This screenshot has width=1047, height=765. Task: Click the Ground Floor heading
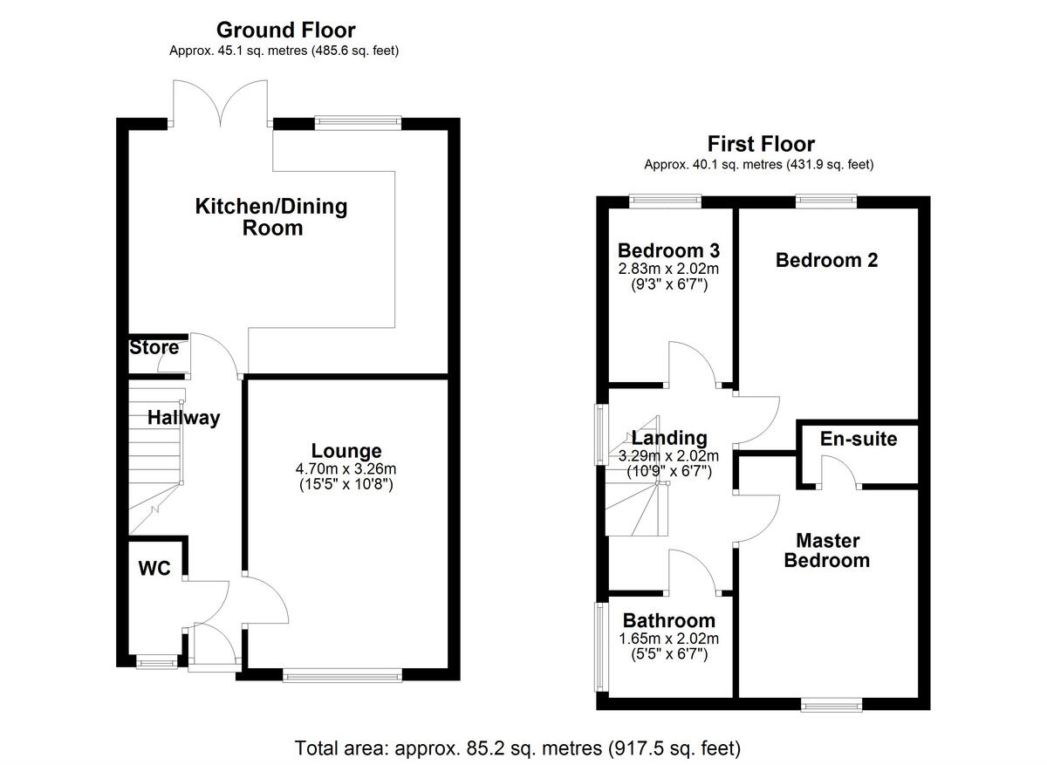[285, 31]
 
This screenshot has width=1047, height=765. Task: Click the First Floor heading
[761, 144]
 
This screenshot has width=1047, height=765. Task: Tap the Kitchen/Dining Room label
[270, 217]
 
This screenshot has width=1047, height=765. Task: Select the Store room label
[154, 348]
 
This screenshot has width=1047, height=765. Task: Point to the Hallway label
[183, 418]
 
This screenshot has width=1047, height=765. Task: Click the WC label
[153, 568]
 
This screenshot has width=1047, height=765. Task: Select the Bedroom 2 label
[826, 260]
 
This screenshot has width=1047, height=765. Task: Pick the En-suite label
[859, 439]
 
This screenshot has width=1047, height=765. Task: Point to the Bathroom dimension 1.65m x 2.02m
[669, 639]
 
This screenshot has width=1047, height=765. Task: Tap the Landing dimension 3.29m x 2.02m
[669, 456]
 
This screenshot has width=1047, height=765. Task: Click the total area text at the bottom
[517, 748]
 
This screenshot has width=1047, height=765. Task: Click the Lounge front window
[343, 674]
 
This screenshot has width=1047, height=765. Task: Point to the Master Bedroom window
[831, 703]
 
